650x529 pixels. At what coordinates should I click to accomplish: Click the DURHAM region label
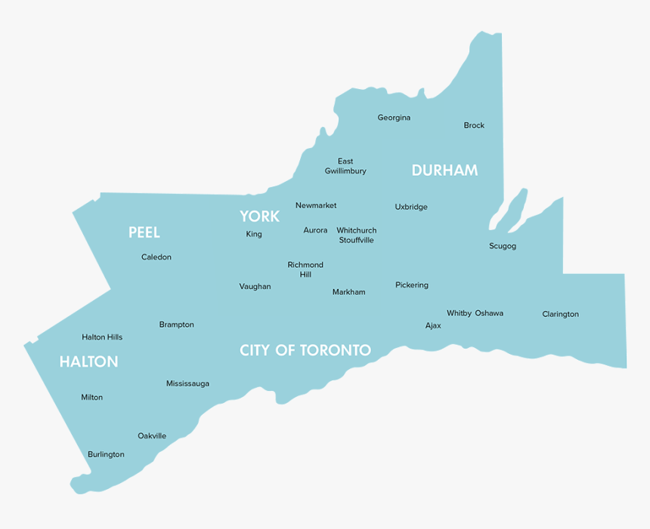coord(444,171)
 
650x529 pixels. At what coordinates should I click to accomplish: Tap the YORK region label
coord(259,217)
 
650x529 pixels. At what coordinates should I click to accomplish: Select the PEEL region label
coord(144,232)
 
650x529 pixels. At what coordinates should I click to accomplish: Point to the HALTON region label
coord(88,362)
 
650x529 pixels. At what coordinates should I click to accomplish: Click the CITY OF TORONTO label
coord(305,350)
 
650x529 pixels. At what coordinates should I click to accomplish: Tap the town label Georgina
coord(394,118)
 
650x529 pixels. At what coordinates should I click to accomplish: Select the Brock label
coord(474,125)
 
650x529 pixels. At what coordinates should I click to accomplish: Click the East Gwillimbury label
coord(345,166)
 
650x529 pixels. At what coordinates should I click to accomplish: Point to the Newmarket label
coord(316,205)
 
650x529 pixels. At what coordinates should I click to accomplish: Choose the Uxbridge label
coord(411,207)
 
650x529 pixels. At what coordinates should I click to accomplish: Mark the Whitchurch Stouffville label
coord(356,235)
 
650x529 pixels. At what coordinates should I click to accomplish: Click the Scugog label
coord(503,246)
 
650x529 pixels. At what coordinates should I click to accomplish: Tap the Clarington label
coord(560,314)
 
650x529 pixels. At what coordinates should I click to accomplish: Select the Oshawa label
coord(489,313)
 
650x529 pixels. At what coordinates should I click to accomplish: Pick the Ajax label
coord(433,326)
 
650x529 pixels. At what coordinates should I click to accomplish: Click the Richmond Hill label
coord(305,269)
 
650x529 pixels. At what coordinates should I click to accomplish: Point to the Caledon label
coord(156,257)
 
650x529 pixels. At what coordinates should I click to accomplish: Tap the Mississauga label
coord(187,383)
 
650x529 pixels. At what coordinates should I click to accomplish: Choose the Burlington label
coord(106,454)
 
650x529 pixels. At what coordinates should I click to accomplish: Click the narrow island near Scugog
coord(509,211)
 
